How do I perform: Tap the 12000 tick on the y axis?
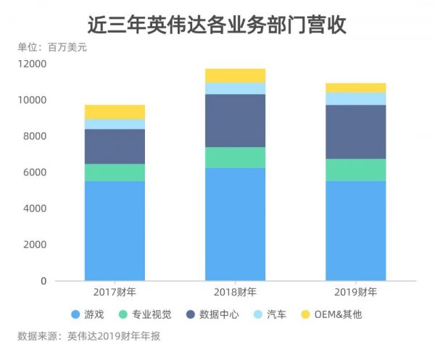33,64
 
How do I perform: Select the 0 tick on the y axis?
43,281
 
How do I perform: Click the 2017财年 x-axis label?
115,293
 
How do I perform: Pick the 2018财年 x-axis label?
235,293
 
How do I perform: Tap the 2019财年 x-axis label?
355,293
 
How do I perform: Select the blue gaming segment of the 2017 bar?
115,230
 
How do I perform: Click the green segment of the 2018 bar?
235,157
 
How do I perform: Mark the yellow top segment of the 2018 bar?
235,75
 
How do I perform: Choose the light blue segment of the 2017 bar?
115,124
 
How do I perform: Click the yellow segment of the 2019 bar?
355,88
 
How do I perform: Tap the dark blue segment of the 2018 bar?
235,120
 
